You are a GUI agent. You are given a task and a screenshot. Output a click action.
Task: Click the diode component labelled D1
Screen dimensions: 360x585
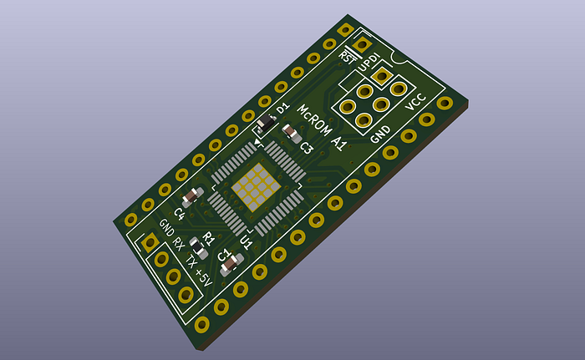pos(264,125)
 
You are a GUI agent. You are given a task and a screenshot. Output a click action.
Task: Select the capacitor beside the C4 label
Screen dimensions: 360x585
pos(191,198)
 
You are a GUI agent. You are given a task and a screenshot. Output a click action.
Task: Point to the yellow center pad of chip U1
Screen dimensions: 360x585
pos(255,184)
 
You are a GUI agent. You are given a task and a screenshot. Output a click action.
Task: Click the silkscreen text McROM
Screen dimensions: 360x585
pos(315,123)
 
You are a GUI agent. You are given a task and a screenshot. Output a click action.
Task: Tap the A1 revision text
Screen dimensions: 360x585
pos(339,143)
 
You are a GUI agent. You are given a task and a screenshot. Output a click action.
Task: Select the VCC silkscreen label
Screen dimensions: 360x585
pos(415,103)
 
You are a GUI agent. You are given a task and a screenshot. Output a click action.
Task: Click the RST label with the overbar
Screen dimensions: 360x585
pos(348,56)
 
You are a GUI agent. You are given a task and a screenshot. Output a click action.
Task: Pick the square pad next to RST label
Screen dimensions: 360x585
pos(362,45)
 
